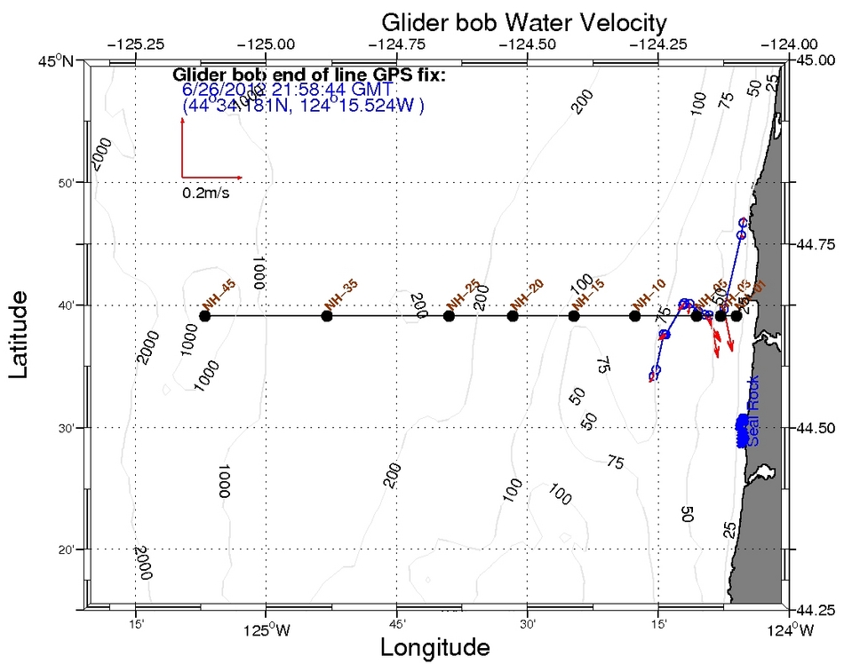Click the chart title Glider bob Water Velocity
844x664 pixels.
pos(523,21)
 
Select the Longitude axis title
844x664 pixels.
pos(434,648)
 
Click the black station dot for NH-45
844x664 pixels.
pos(205,316)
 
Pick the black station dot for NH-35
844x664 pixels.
pos(327,316)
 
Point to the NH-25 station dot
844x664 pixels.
pos(450,316)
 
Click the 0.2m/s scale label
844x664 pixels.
pos(206,193)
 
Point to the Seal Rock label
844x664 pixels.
pos(753,420)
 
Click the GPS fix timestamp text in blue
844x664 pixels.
pos(288,91)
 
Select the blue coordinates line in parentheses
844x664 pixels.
pos(303,106)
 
